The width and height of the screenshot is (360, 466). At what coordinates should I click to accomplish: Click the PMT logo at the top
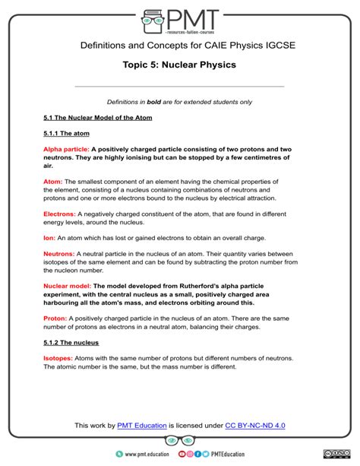[180, 18]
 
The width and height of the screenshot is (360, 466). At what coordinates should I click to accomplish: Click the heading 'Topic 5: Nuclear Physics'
[179, 65]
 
